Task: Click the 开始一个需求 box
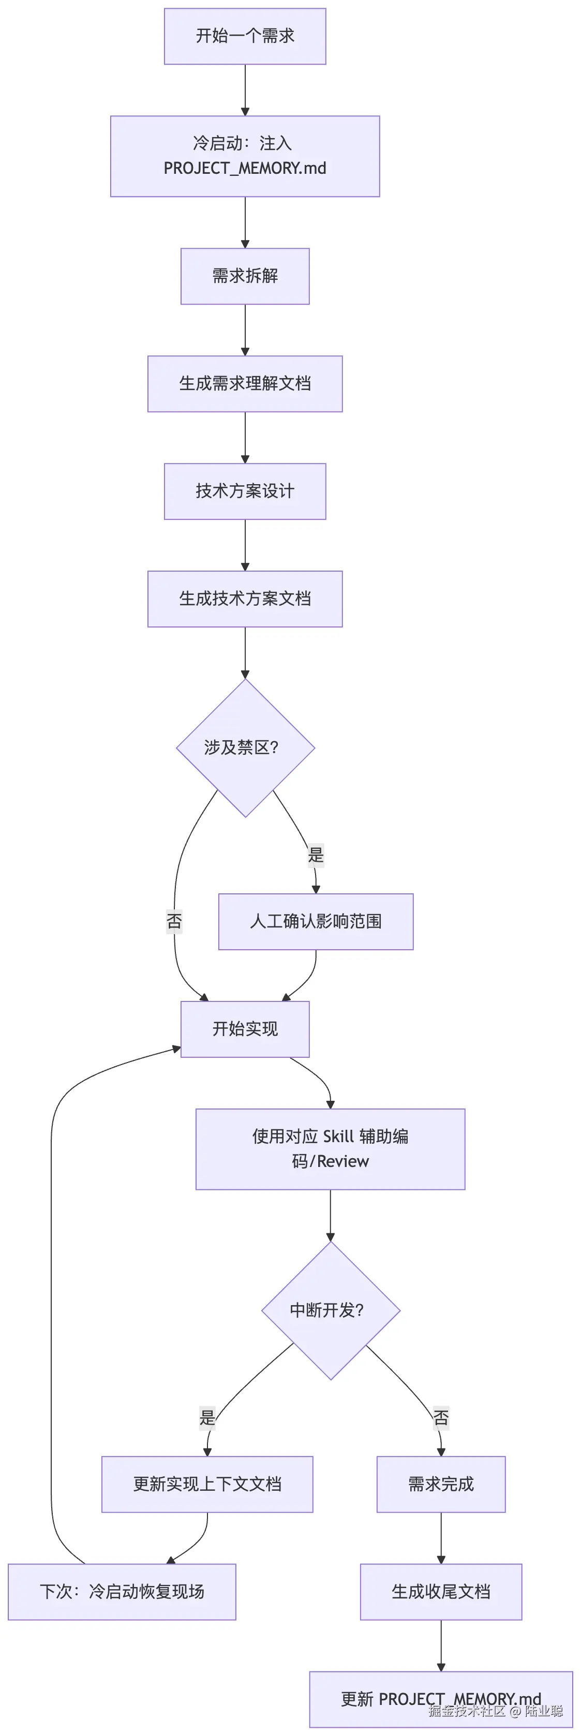pos(245,36)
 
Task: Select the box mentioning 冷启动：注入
pos(245,156)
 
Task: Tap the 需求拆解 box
pos(245,276)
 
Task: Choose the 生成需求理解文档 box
pos(245,383)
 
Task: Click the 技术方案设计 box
pos(245,491)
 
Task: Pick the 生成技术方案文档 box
pos(245,598)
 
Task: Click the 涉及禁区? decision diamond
pos(245,747)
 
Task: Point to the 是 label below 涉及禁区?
pos(316,855)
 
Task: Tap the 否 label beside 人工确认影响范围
pos(174,921)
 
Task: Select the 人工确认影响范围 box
pos(316,921)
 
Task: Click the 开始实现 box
pos(245,1029)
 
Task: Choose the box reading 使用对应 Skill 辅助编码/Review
pos(330,1149)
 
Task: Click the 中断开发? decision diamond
pos(330,1310)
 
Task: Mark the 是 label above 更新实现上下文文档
pos(207,1417)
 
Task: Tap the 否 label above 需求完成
pos(441,1417)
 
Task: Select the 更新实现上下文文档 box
pos(207,1484)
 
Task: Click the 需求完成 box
pos(441,1484)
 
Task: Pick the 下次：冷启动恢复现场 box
pos(122,1592)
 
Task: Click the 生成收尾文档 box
pos(441,1592)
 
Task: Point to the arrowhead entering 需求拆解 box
pos(245,244)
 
